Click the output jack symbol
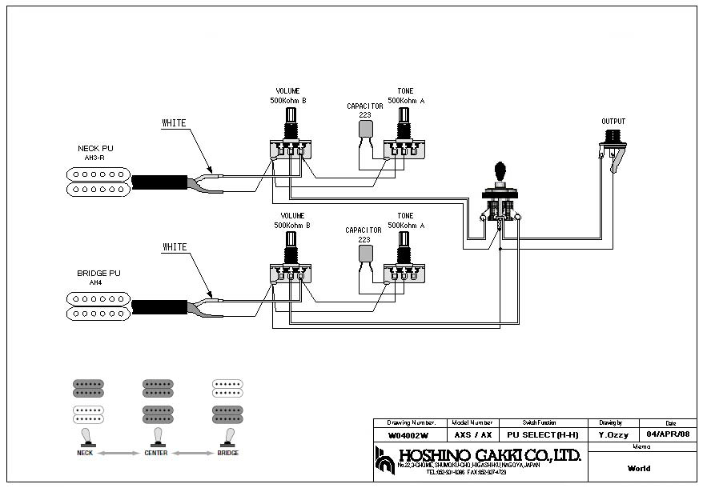point(614,147)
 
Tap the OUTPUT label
point(613,122)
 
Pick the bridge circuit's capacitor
point(365,254)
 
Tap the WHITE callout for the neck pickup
point(174,123)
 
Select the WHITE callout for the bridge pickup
point(174,247)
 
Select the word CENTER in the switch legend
point(156,453)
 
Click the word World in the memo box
point(639,469)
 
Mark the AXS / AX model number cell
point(473,436)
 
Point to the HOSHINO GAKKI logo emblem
point(385,459)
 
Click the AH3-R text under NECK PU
point(95,158)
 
